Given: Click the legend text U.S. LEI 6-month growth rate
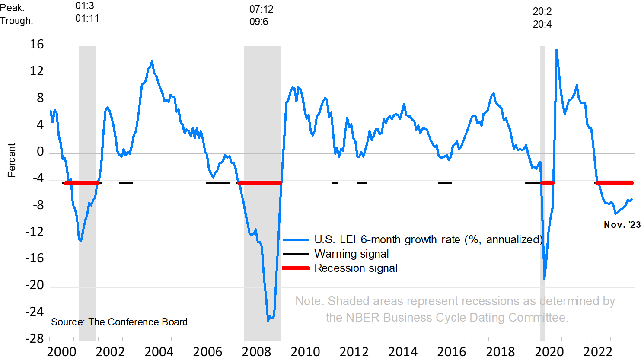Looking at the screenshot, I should click(428, 239).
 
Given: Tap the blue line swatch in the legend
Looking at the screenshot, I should click(296, 239).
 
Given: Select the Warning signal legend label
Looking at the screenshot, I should click(351, 254).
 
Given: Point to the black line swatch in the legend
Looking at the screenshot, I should click(296, 254).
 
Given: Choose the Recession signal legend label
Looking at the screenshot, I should click(356, 268).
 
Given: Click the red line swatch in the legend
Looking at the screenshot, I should click(296, 268).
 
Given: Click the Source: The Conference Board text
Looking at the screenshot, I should click(119, 322).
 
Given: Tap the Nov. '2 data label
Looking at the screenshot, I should click(619, 225).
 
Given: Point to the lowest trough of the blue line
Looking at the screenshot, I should click(268, 320).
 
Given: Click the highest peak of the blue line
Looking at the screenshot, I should click(556, 50).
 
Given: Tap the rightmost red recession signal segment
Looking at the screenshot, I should click(614, 183).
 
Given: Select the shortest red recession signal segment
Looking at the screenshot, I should click(547, 183).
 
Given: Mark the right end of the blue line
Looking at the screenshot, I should click(632, 199).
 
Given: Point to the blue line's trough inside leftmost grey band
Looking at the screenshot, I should click(81, 241).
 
